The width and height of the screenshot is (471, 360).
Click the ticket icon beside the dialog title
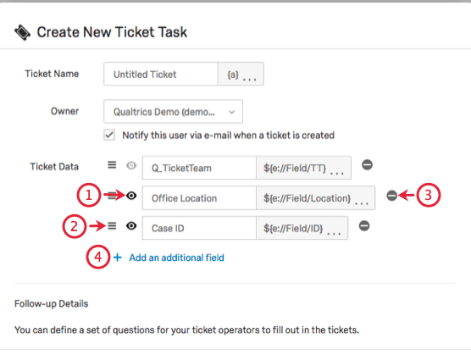tap(22, 33)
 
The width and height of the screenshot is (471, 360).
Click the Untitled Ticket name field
tap(160, 75)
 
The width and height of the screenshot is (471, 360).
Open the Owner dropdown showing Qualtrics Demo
tap(173, 111)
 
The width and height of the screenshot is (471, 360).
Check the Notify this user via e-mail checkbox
tap(109, 135)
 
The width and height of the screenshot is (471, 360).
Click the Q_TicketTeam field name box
tap(198, 168)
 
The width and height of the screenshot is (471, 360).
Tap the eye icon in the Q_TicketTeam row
tap(131, 168)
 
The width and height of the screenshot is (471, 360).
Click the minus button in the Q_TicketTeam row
tap(367, 166)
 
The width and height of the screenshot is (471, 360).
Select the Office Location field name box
tap(198, 198)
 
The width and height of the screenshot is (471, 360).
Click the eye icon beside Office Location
tap(131, 197)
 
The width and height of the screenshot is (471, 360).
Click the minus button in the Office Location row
tap(391, 196)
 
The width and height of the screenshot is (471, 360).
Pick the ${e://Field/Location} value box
tap(314, 198)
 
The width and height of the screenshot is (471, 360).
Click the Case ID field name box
tap(198, 228)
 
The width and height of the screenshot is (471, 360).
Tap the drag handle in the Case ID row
tap(112, 226)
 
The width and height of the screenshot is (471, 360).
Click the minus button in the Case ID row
tap(364, 226)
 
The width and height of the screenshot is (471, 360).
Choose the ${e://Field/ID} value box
tap(302, 228)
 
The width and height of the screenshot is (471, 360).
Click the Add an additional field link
tap(176, 258)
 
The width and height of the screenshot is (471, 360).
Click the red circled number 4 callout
tap(97, 257)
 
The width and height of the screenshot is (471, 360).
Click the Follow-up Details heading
tap(51, 303)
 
